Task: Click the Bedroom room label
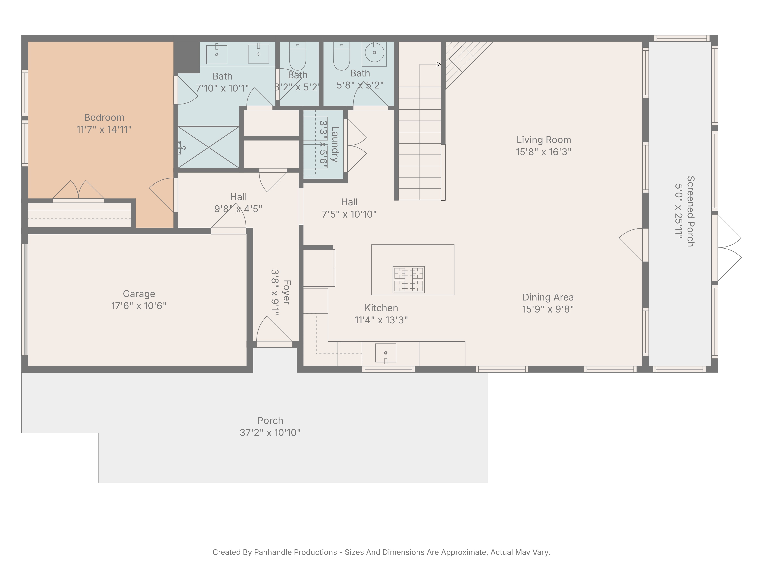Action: [104, 118]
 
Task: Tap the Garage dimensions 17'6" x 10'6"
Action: [139, 306]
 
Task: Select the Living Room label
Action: [544, 140]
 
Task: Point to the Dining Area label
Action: [548, 297]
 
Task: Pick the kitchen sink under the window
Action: [386, 353]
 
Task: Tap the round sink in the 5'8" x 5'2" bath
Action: [374, 53]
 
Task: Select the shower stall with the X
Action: [209, 148]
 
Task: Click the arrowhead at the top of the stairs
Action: [439, 64]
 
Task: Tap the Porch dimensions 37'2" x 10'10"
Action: [270, 433]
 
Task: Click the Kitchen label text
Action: [381, 308]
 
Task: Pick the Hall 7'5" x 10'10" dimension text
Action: [349, 214]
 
